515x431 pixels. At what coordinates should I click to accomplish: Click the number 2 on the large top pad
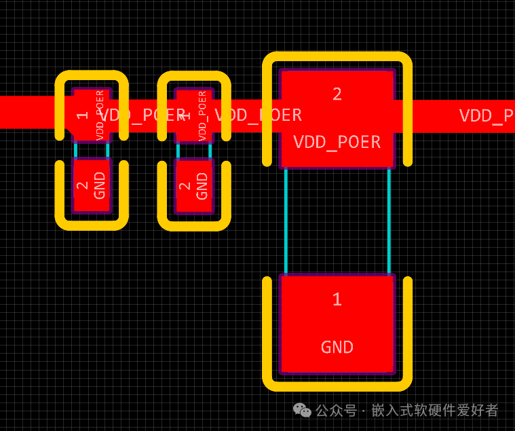[337, 94]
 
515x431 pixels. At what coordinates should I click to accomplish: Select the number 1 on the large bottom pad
[337, 299]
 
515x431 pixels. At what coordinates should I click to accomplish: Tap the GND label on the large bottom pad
[337, 348]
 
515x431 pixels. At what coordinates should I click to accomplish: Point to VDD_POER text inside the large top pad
[337, 143]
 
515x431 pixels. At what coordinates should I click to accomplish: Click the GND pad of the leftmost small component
[92, 185]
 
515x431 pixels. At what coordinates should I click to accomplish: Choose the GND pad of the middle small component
[194, 185]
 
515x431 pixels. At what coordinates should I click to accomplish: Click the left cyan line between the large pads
[286, 221]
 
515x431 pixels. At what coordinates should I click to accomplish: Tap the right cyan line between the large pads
[389, 221]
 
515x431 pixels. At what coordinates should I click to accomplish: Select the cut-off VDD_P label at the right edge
[486, 115]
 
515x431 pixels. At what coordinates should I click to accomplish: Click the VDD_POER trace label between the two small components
[142, 115]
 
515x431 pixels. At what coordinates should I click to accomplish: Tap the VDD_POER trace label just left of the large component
[259, 115]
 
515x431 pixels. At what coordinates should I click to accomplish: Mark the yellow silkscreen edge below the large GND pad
[337, 386]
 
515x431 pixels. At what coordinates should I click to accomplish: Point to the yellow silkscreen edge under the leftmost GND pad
[92, 225]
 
